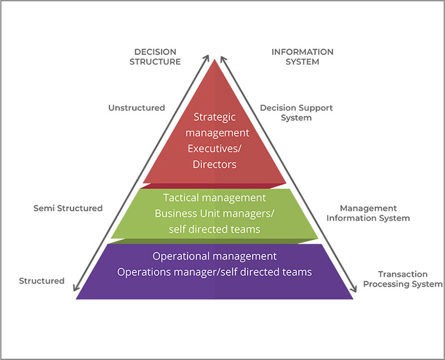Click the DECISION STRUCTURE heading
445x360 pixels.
point(155,57)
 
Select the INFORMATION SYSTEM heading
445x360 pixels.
point(302,57)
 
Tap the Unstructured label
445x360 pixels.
point(136,108)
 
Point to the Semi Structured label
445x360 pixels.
point(68,208)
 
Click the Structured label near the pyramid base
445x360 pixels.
point(42,281)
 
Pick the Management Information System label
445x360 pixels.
point(368,213)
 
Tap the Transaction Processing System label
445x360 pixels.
point(402,279)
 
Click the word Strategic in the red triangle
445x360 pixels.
point(215,117)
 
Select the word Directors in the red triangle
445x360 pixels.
point(215,164)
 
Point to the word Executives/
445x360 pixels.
point(215,149)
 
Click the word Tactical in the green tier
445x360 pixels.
point(183,198)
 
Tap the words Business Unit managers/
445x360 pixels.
point(215,213)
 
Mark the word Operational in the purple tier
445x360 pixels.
point(184,257)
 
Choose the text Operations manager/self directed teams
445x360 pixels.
point(214,272)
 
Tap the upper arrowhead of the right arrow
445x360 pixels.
point(221,57)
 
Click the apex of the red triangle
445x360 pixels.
point(215,60)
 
